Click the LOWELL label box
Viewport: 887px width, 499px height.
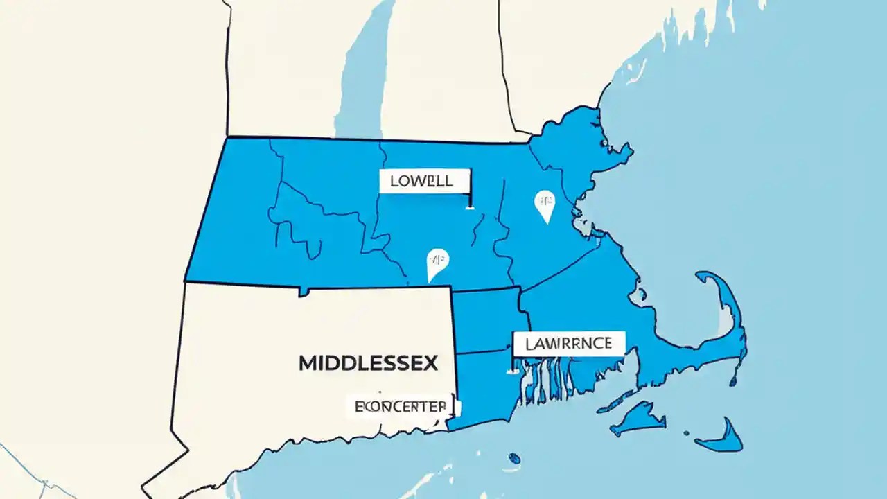click(x=425, y=182)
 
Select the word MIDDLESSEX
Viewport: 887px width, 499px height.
click(x=368, y=362)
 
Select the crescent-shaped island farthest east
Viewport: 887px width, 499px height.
click(x=723, y=437)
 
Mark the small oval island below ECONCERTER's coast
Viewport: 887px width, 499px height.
click(x=513, y=458)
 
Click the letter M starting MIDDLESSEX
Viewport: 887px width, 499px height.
click(x=308, y=362)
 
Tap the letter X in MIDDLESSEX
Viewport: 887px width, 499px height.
click(x=430, y=362)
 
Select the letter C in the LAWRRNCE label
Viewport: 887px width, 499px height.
click(x=591, y=343)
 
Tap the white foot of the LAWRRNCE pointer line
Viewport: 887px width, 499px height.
click(x=514, y=371)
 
